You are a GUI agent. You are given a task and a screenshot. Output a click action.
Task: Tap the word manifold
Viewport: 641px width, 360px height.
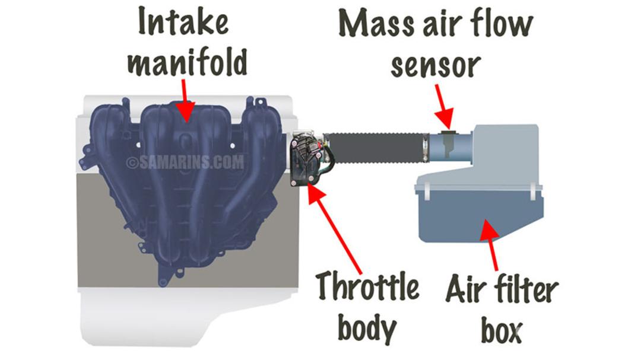[x=188, y=62]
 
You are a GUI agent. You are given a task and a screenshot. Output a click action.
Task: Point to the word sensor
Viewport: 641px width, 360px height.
[x=436, y=65]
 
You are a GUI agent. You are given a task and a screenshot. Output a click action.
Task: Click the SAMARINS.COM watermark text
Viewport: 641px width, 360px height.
[x=185, y=163]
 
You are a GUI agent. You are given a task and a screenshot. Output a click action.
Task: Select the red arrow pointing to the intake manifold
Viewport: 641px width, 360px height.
[x=185, y=100]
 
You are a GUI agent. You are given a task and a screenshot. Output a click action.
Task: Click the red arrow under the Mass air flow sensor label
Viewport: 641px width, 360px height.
[x=443, y=107]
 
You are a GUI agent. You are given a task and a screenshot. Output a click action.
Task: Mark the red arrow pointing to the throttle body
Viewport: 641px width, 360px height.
[x=334, y=228]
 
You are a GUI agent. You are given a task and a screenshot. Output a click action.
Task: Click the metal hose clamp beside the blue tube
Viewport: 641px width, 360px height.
[x=426, y=148]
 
